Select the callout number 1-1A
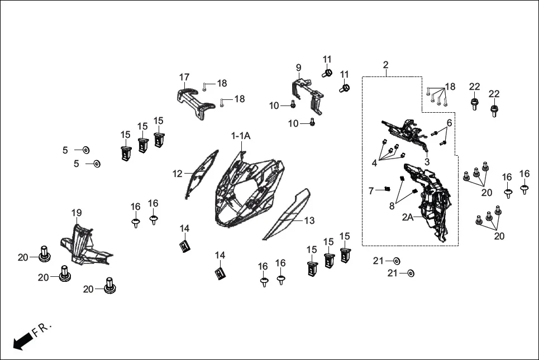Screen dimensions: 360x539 (x=241, y=136)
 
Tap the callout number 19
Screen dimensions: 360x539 (x=77, y=213)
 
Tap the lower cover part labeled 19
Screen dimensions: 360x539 (x=84, y=246)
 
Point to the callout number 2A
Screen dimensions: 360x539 (x=408, y=218)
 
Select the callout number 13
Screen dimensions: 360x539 (x=309, y=221)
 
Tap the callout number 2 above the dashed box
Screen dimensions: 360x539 (x=385, y=65)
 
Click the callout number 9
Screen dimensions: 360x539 (x=298, y=68)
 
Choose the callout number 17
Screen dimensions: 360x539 (x=184, y=77)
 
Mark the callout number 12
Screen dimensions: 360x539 (x=178, y=174)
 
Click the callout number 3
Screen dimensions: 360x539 (x=427, y=161)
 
